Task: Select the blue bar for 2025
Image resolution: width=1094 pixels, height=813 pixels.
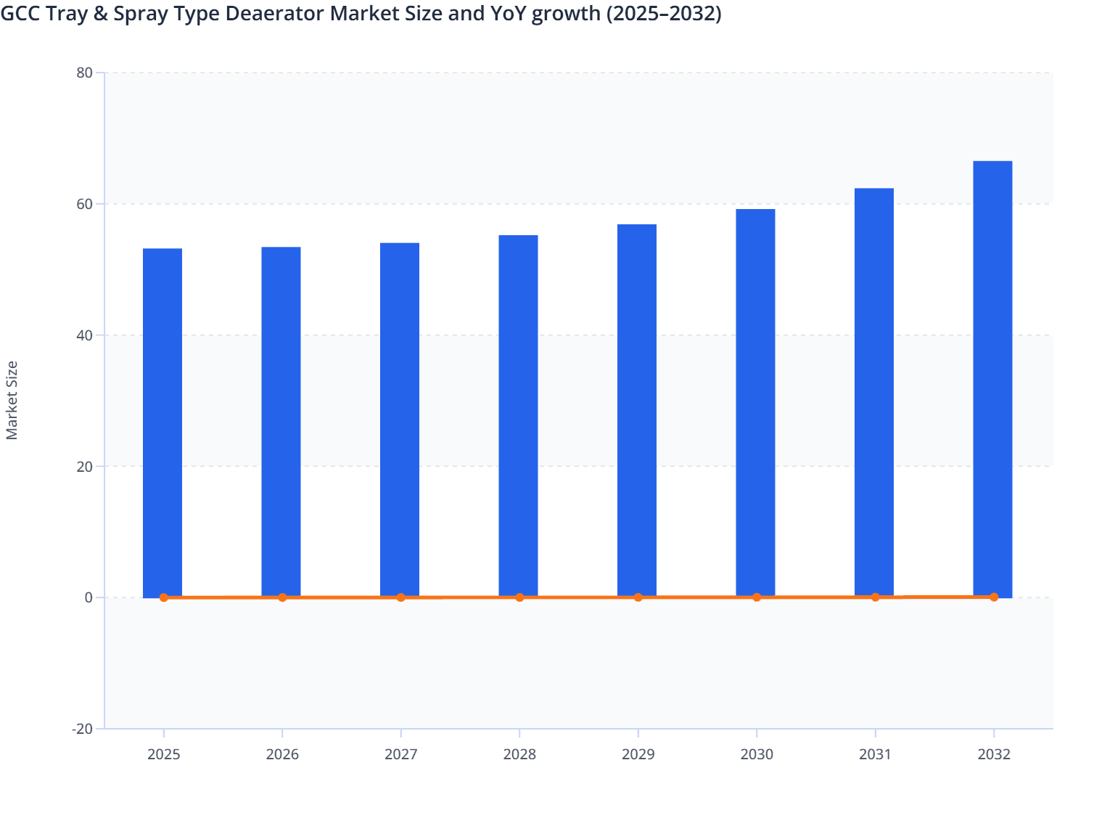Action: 163,422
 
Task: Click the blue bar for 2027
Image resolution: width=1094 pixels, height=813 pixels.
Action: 400,420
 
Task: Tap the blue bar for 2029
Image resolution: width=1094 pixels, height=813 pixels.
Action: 637,410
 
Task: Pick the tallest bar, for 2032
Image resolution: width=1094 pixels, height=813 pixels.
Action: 992,379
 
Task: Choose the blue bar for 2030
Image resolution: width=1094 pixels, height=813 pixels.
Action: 755,403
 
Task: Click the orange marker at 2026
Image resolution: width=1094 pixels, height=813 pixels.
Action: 282,597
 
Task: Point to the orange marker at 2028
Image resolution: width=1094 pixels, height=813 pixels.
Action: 519,597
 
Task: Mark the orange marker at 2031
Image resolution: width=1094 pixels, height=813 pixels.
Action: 875,597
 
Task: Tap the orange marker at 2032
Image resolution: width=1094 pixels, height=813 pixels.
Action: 994,597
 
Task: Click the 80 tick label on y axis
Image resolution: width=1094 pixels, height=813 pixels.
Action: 84,73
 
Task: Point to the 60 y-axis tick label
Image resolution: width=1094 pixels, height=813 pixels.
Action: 84,204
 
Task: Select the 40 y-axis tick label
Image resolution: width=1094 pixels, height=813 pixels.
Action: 84,335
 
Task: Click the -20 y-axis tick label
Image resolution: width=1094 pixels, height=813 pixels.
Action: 82,729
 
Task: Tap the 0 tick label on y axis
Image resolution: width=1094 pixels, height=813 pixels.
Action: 89,597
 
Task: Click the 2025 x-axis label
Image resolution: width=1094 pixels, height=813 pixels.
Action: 164,754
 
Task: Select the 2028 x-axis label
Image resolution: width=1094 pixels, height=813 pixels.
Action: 519,754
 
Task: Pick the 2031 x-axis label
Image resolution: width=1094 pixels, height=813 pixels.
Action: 875,754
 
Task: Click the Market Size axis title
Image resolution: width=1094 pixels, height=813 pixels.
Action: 12,400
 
